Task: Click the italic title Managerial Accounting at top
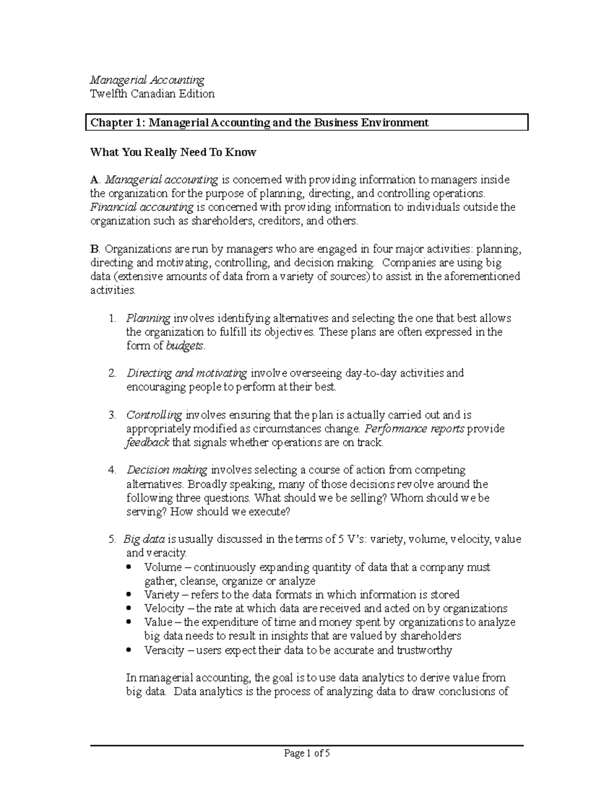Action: pyautogui.click(x=147, y=80)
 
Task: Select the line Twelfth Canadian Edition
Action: pyautogui.click(x=152, y=94)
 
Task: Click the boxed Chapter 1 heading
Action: pyautogui.click(x=259, y=123)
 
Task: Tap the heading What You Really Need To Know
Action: pyautogui.click(x=173, y=152)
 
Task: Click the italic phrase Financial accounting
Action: pyautogui.click(x=142, y=208)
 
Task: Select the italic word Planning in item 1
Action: pyautogui.click(x=148, y=319)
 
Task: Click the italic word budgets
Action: pyautogui.click(x=185, y=346)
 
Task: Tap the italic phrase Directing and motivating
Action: pyautogui.click(x=187, y=373)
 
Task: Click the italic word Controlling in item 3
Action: pyautogui.click(x=154, y=415)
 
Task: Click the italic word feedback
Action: pyautogui.click(x=147, y=443)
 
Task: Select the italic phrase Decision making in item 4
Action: pyautogui.click(x=167, y=470)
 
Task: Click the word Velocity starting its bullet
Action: pyautogui.click(x=164, y=609)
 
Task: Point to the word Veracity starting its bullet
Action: pyautogui.click(x=164, y=651)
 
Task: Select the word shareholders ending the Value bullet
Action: pyautogui.click(x=430, y=637)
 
